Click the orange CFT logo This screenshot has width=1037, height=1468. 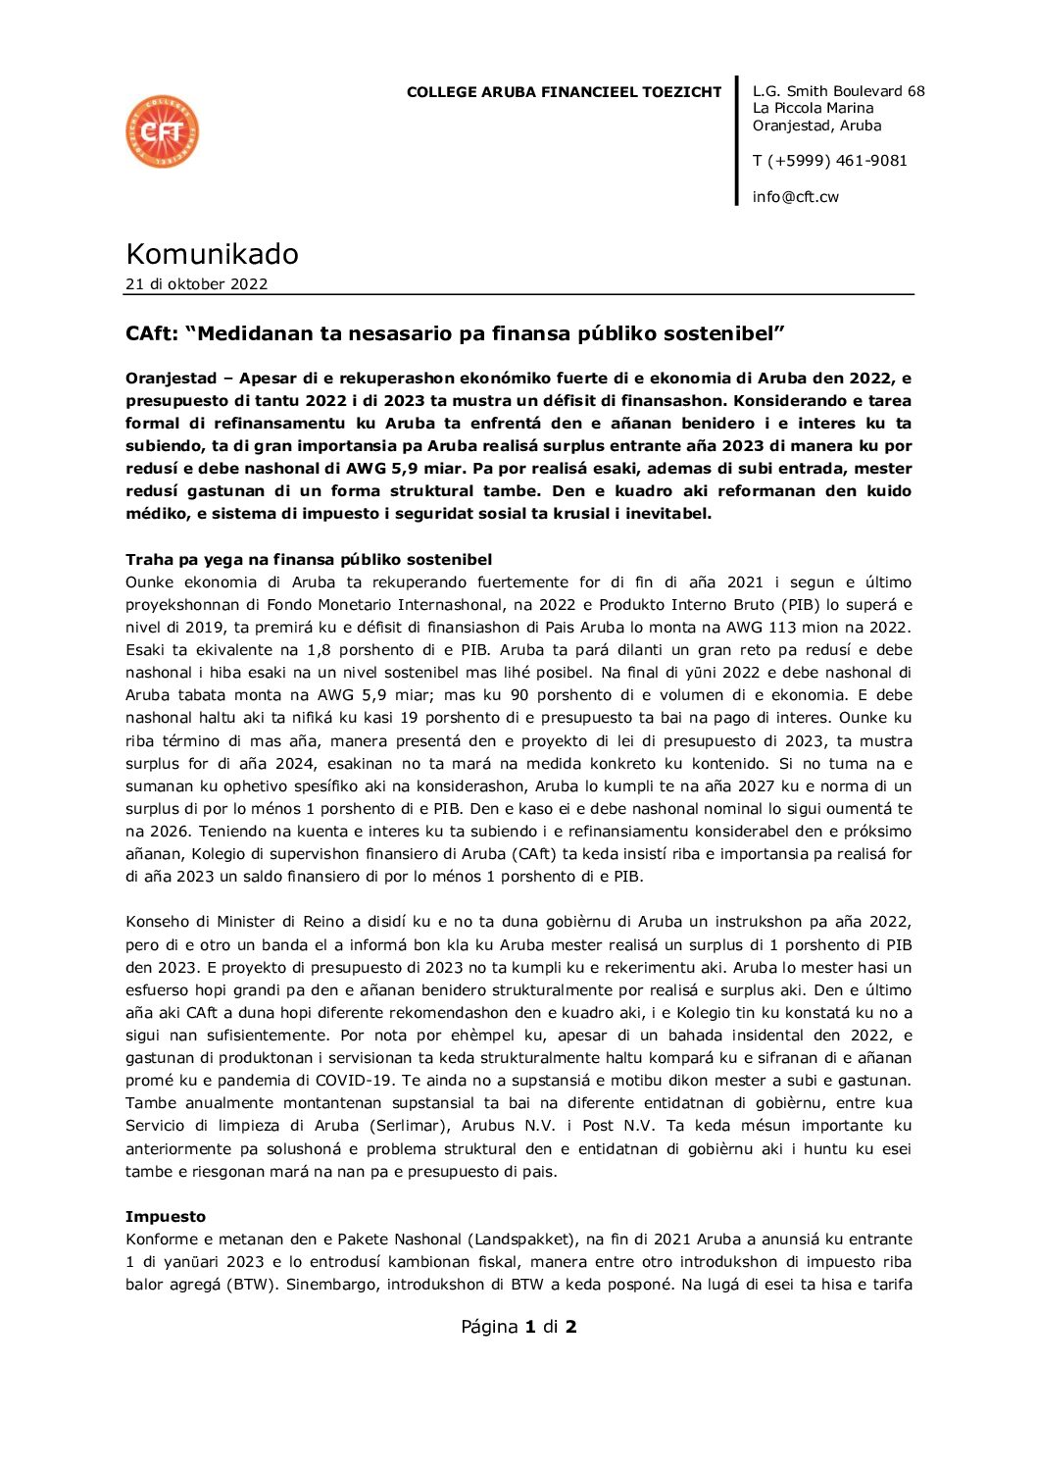163,131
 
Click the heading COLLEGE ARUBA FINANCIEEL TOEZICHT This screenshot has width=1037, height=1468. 564,92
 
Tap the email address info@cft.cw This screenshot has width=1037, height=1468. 795,196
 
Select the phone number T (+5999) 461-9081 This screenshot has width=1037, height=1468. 829,160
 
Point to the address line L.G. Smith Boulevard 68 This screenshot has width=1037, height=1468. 838,91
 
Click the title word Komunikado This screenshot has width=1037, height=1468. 212,254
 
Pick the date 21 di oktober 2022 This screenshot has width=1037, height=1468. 196,284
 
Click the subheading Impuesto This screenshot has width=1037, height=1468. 166,1217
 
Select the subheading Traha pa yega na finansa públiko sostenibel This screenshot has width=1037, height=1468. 309,560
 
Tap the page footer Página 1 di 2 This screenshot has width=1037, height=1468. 518,1327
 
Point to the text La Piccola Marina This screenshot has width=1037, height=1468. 813,108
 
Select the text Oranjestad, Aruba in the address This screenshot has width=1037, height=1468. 816,126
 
